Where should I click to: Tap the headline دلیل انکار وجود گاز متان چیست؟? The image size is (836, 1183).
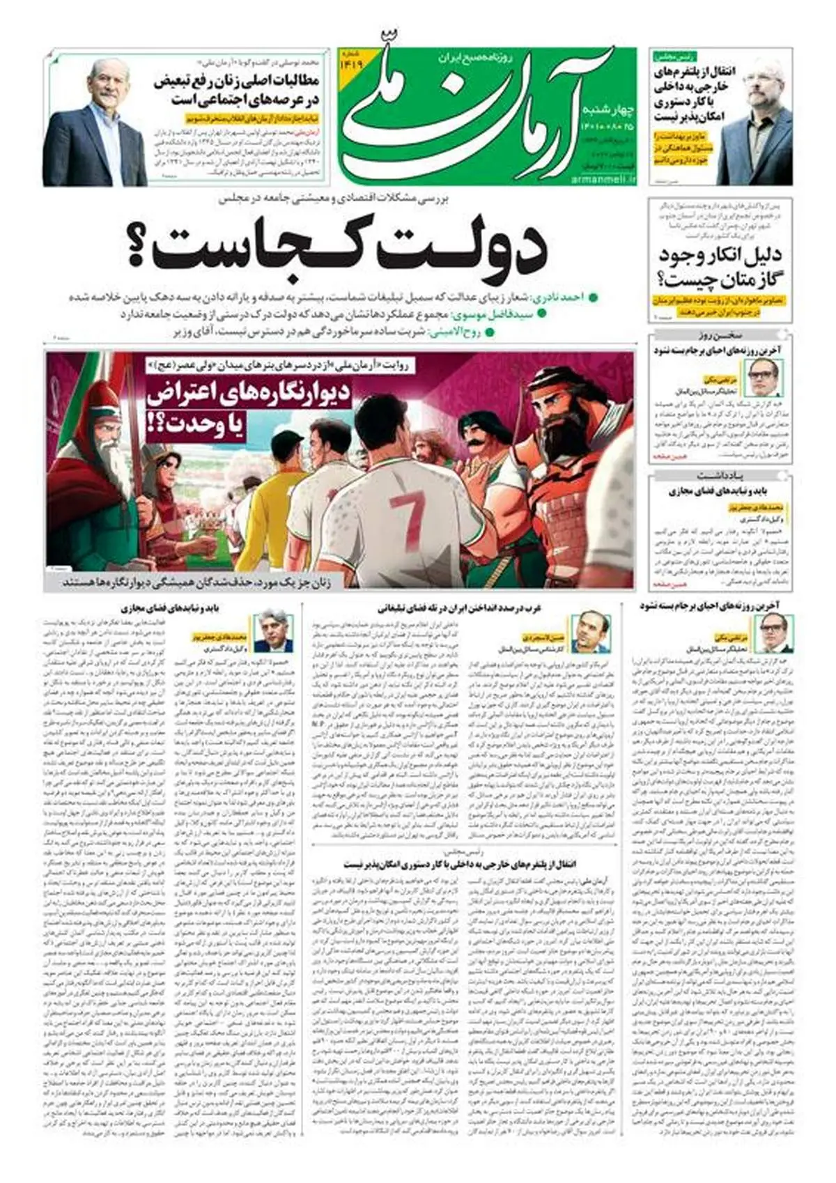719,268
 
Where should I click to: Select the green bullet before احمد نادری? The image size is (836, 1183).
592,298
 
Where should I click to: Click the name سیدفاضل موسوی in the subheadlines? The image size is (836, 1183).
502,315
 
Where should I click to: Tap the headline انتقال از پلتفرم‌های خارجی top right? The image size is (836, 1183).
686,95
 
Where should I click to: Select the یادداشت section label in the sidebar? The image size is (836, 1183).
720,475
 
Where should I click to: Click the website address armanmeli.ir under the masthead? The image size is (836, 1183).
604,180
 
